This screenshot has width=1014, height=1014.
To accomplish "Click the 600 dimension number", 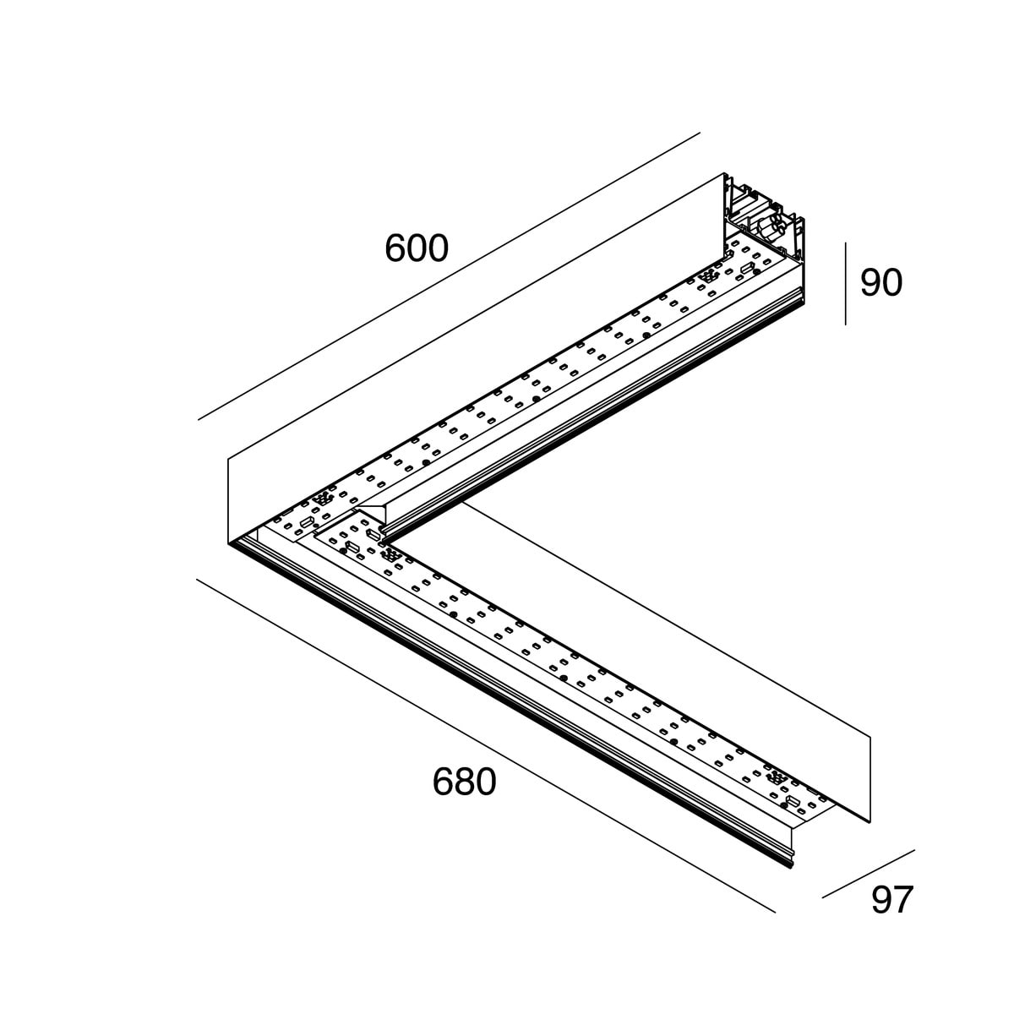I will [416, 248].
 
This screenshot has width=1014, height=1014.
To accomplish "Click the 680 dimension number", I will [464, 782].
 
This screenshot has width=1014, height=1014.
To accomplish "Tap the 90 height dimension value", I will [880, 283].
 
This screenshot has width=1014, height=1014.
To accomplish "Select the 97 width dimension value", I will [892, 900].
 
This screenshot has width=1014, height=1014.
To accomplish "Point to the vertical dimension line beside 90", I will [845, 283].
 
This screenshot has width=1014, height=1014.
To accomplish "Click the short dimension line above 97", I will [869, 874].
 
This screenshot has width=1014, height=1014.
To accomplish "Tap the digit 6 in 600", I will [395, 248].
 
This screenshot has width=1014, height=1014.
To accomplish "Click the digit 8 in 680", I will [464, 782].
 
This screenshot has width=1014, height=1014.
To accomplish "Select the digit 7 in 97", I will [903, 900].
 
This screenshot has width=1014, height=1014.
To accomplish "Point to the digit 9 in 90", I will [870, 283].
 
